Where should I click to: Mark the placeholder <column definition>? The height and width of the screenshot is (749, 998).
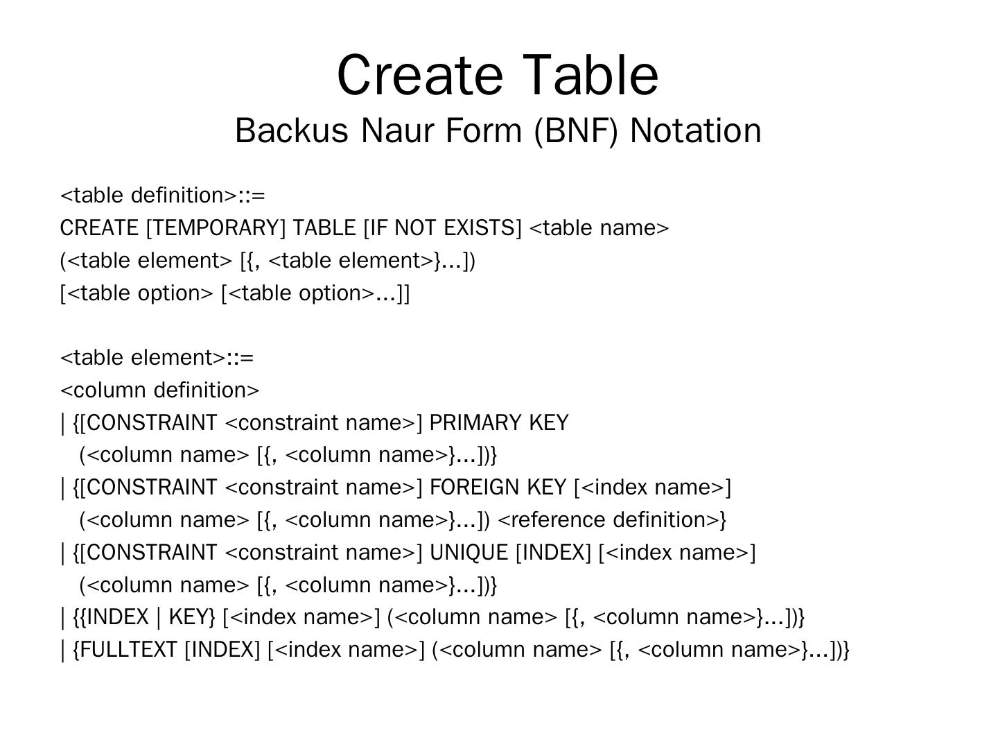(160, 390)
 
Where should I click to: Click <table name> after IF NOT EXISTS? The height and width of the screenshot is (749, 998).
(599, 228)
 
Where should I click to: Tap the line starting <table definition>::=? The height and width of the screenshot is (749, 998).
(163, 196)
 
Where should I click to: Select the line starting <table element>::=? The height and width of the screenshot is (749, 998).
(157, 358)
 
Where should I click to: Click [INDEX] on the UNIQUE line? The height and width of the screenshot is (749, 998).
(553, 553)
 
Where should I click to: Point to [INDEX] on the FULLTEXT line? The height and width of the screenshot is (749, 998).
(222, 650)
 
